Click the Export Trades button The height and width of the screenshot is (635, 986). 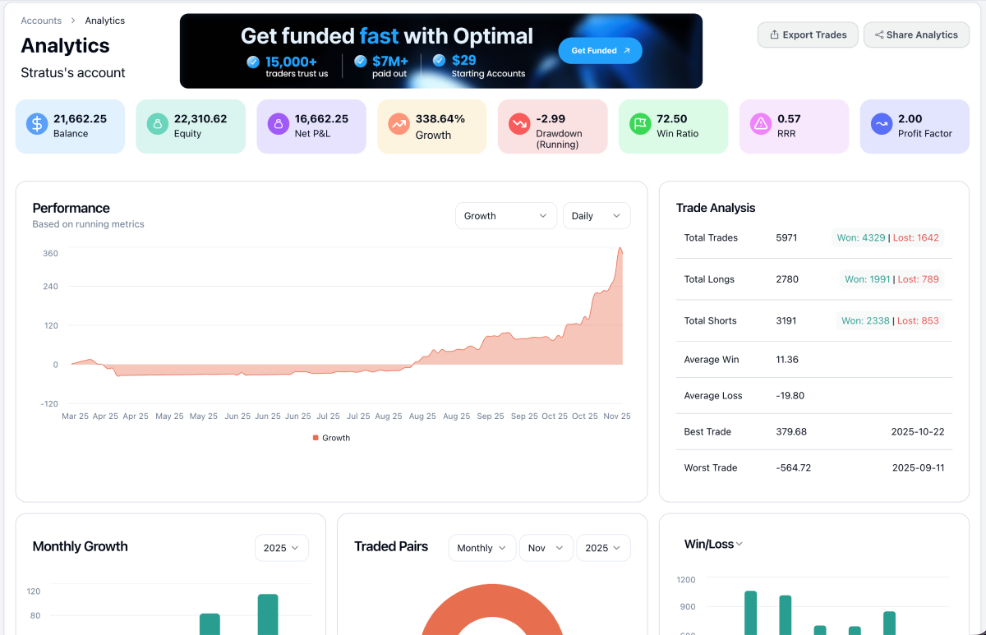tap(808, 35)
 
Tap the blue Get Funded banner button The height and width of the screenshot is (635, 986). tap(600, 51)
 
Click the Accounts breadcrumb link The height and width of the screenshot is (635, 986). tap(41, 21)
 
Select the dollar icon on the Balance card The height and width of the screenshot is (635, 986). tap(37, 124)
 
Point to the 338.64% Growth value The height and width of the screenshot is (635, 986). tap(440, 119)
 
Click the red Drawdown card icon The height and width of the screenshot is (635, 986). tap(519, 124)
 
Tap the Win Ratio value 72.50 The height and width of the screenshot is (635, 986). tap(672, 119)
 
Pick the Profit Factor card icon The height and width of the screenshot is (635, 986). tap(882, 124)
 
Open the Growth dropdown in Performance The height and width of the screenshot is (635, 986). tap(505, 216)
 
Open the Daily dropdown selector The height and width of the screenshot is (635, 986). tap(597, 216)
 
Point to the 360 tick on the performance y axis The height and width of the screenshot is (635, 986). tap(50, 254)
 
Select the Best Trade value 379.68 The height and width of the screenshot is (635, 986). tap(791, 432)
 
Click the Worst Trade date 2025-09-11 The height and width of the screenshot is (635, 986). tap(918, 468)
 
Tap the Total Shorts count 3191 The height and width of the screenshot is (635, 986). tap(786, 321)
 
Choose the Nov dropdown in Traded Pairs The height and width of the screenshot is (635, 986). tap(546, 548)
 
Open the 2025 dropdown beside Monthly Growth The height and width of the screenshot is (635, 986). tap(282, 548)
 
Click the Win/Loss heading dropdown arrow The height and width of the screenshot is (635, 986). tap(739, 545)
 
